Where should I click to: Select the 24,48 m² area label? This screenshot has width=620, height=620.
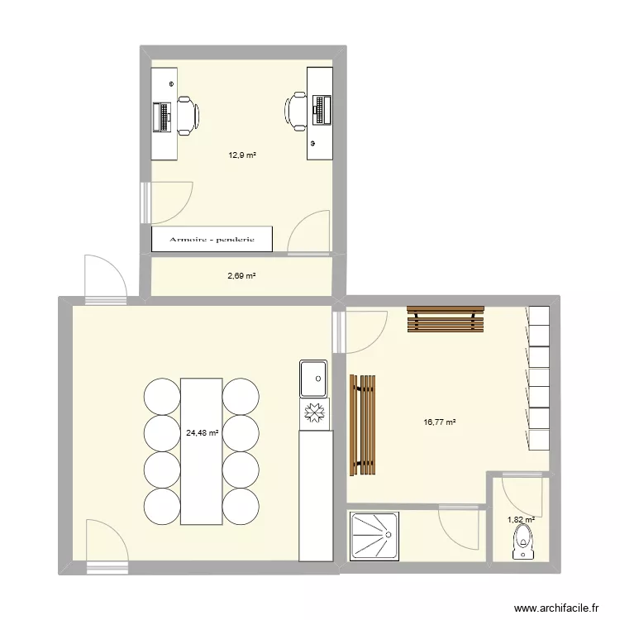pyautogui.click(x=203, y=432)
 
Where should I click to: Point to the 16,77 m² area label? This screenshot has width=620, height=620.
pyautogui.click(x=440, y=422)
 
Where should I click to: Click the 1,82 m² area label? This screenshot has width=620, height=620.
pyautogui.click(x=521, y=520)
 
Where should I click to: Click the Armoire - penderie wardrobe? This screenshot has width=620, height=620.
pyautogui.click(x=212, y=240)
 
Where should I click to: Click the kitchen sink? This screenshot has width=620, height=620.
pyautogui.click(x=313, y=378)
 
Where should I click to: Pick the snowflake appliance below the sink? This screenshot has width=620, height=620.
pyautogui.click(x=313, y=412)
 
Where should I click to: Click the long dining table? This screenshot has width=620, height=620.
pyautogui.click(x=202, y=451)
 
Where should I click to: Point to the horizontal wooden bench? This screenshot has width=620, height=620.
pyautogui.click(x=444, y=320)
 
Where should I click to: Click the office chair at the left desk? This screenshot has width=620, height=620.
pyautogui.click(x=186, y=115)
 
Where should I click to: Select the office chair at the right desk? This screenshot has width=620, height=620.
pyautogui.click(x=297, y=112)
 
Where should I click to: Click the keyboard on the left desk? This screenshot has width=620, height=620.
pyautogui.click(x=161, y=117)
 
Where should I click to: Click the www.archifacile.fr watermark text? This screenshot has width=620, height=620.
pyautogui.click(x=556, y=607)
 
